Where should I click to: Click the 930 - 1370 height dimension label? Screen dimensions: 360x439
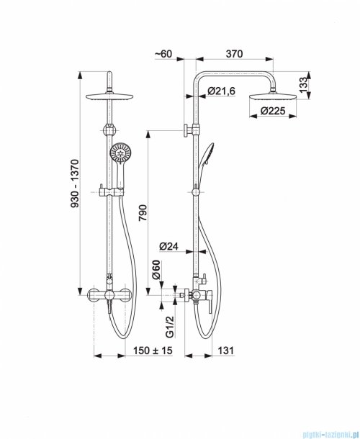point(75,184)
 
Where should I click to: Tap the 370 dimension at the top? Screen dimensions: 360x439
point(234,53)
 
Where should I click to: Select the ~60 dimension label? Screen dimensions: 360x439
point(163,53)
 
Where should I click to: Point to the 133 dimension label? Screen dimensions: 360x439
point(303,86)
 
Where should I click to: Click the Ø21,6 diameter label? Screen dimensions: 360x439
point(221,91)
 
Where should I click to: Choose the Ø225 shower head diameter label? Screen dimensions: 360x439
point(273,111)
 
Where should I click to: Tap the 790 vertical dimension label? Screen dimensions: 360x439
point(143,212)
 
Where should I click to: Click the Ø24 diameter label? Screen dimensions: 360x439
point(168,246)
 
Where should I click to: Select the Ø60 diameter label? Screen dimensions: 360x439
point(156,270)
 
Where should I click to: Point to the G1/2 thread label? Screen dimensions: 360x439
point(170,327)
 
